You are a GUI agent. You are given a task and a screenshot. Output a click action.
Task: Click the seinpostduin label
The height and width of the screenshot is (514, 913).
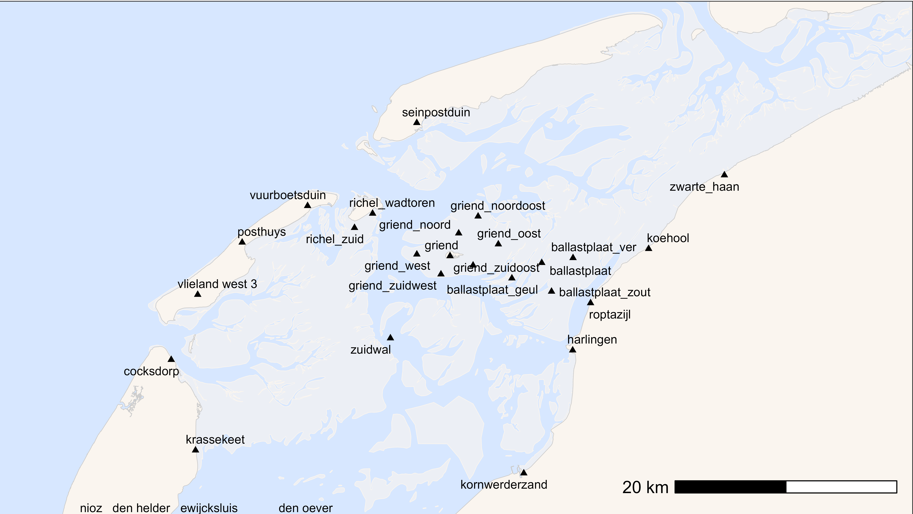pyautogui.click(x=436, y=112)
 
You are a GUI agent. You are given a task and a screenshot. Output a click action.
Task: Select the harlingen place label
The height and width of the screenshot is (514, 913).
pyautogui.click(x=592, y=339)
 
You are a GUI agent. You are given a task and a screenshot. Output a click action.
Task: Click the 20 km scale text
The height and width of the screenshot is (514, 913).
pyautogui.click(x=645, y=487)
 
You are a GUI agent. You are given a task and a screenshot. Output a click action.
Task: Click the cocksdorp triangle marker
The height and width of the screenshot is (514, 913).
pyautogui.click(x=171, y=359)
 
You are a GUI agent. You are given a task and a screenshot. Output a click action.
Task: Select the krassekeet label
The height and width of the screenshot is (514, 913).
pyautogui.click(x=215, y=439)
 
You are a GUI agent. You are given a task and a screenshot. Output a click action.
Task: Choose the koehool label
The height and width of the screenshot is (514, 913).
pyautogui.click(x=668, y=238)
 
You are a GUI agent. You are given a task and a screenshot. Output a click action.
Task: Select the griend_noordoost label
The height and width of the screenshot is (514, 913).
pyautogui.click(x=498, y=206)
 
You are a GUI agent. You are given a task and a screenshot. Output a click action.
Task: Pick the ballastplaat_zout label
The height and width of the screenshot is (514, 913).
pyautogui.click(x=605, y=292)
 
